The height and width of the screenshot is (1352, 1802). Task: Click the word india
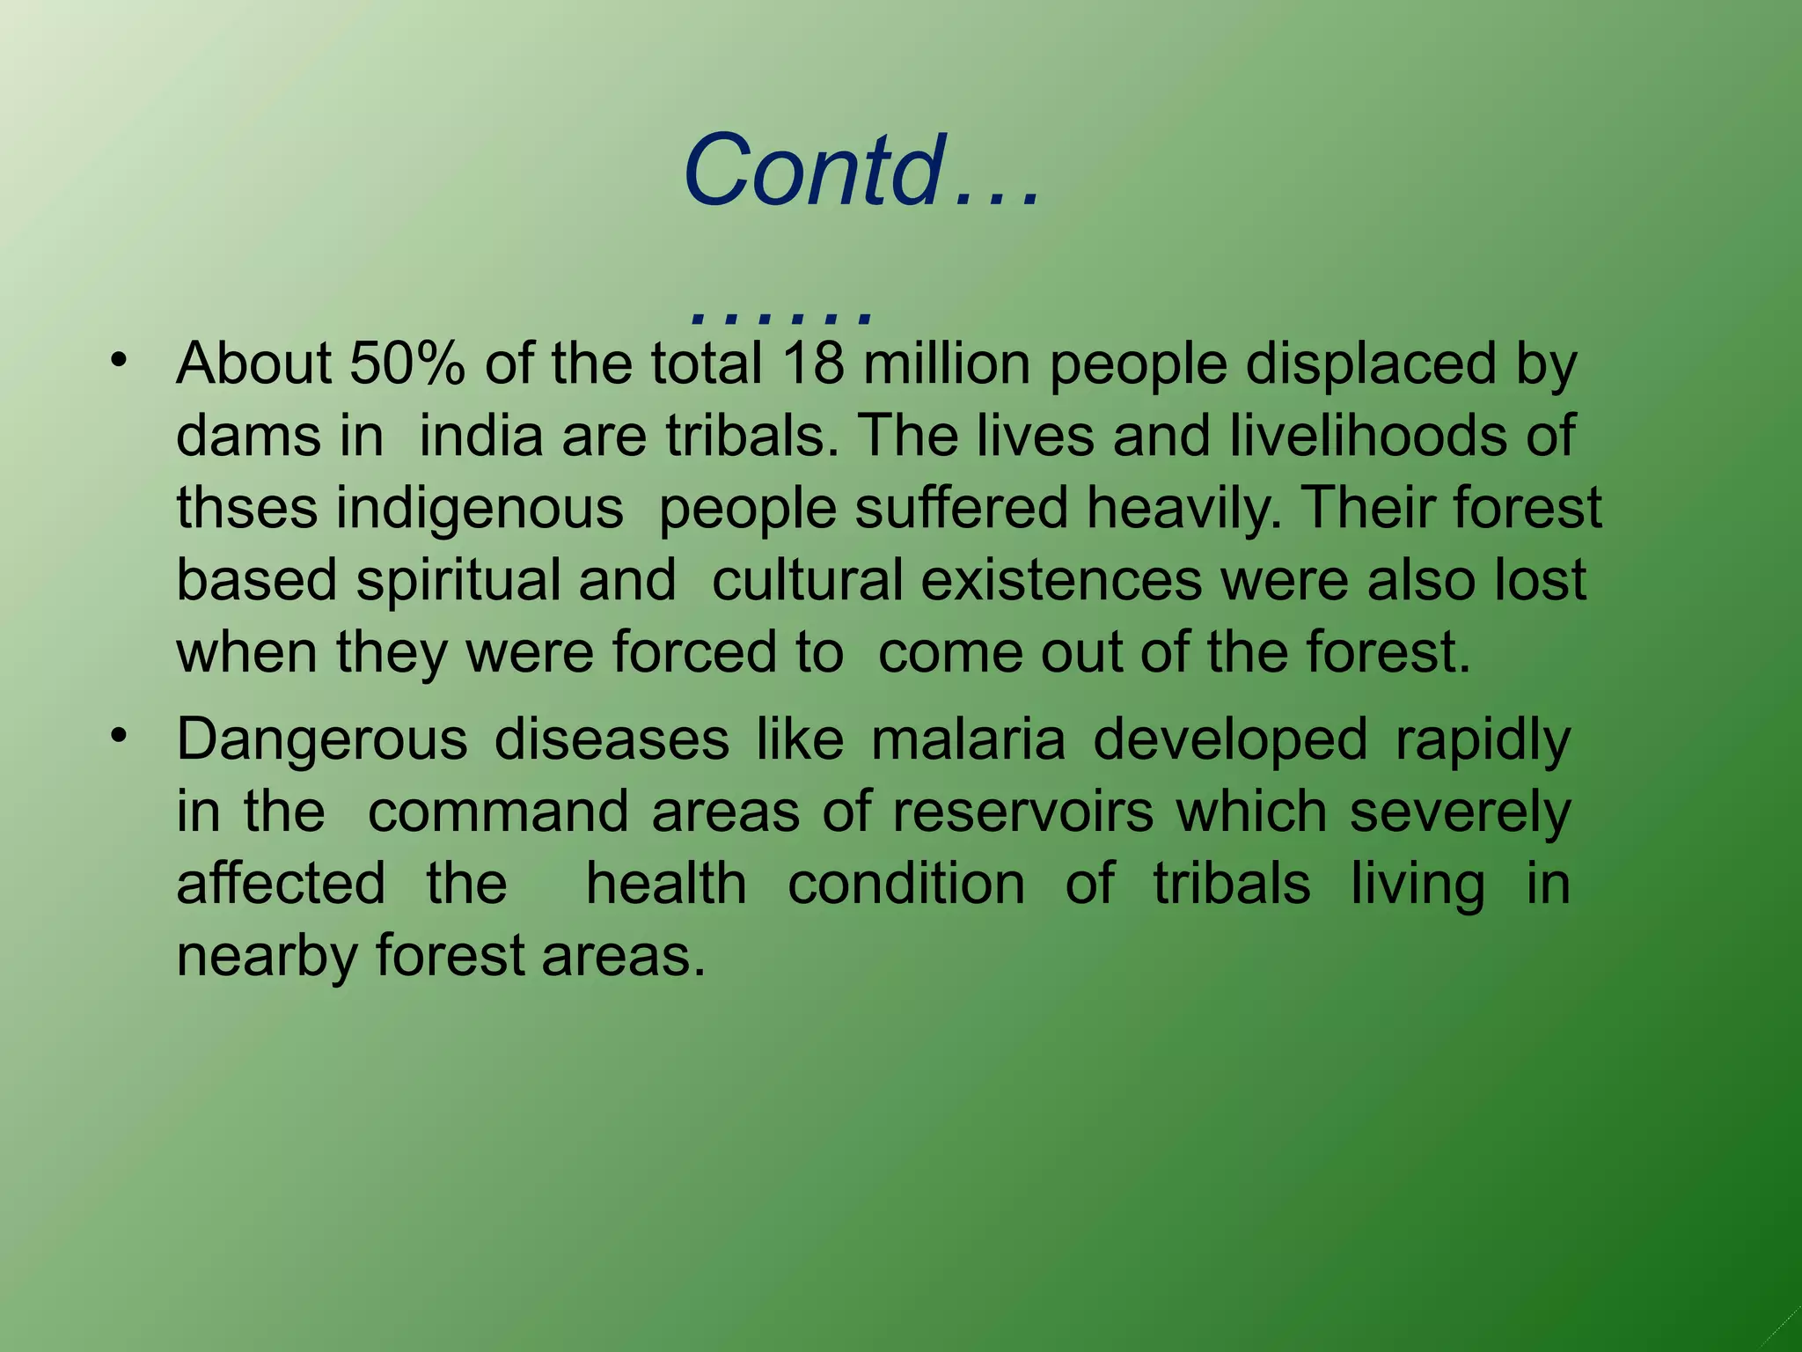click(x=480, y=436)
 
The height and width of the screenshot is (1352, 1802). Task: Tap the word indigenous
click(x=480, y=511)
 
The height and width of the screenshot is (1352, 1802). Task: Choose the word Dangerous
click(x=322, y=741)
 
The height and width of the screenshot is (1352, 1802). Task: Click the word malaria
click(x=968, y=739)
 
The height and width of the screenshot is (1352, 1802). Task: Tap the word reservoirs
click(x=1022, y=812)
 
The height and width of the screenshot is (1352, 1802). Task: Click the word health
click(x=666, y=884)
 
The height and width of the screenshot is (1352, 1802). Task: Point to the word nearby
click(x=267, y=958)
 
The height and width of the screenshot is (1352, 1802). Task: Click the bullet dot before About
click(x=119, y=360)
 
